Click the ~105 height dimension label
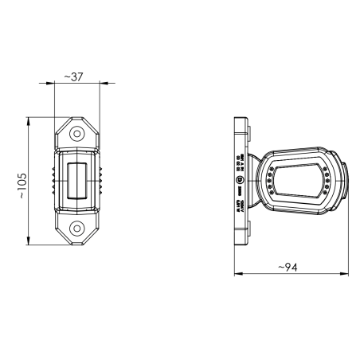[x=22, y=186]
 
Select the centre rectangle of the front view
[x=78, y=181]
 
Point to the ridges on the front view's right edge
[x=102, y=181]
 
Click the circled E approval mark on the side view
[x=240, y=182]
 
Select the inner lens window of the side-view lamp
[x=300, y=180]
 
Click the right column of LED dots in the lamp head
[x=327, y=181]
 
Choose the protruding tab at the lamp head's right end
[x=345, y=181]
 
